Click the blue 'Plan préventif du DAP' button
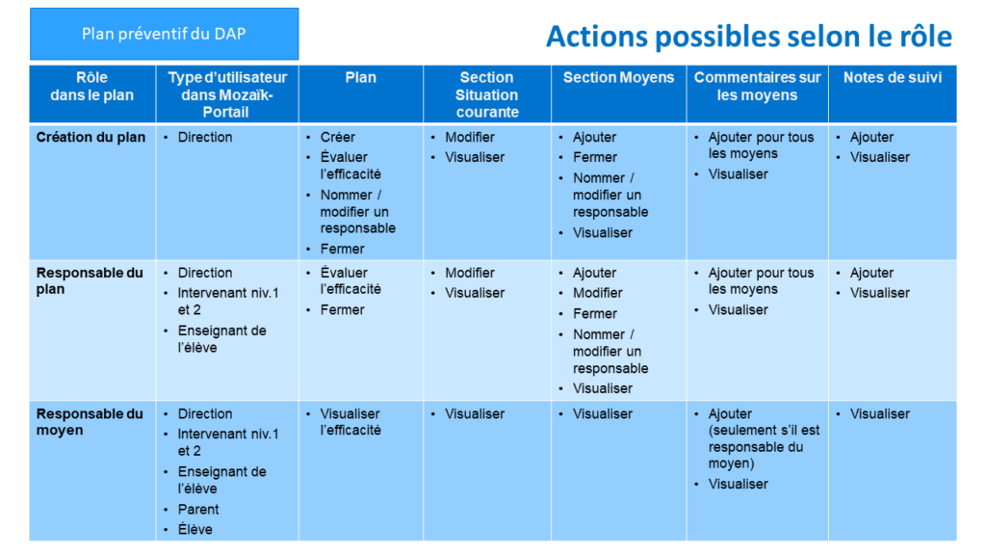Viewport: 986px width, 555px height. [x=164, y=34]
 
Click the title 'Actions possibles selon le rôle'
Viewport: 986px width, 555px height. [x=749, y=37]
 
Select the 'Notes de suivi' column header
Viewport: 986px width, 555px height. [x=893, y=77]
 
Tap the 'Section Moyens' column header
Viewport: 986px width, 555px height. [x=618, y=77]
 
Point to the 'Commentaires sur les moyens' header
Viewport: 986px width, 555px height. [x=757, y=86]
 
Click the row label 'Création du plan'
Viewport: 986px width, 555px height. [x=91, y=137]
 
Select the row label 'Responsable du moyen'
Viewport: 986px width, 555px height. [x=90, y=422]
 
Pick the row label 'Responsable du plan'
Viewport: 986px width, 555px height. [x=90, y=281]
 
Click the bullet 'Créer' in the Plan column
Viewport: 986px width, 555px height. [x=338, y=137]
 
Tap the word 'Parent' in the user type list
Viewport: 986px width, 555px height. [x=198, y=509]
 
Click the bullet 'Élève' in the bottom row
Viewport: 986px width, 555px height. [x=195, y=529]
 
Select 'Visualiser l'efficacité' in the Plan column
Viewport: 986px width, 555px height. [x=350, y=422]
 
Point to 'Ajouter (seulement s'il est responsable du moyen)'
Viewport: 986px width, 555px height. [x=764, y=438]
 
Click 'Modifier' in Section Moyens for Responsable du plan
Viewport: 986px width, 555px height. [x=597, y=293]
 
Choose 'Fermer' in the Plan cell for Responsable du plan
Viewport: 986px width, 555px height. [x=342, y=309]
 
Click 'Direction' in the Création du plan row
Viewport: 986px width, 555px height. [x=205, y=137]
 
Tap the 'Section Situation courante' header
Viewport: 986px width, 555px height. [x=486, y=95]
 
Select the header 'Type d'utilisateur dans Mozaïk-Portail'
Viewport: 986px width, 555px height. [x=227, y=95]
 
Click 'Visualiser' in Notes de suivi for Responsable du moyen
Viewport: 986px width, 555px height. [x=880, y=414]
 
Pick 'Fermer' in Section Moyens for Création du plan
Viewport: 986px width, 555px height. [x=595, y=157]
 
